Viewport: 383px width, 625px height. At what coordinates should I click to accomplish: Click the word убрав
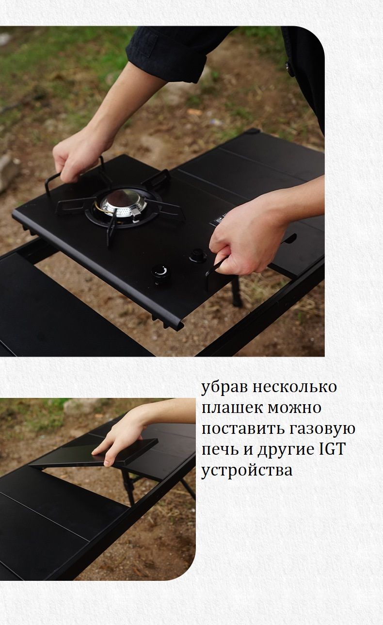(x=224, y=387)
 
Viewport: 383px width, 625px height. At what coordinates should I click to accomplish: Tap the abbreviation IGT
(x=332, y=449)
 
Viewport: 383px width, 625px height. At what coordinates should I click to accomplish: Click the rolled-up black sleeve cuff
(x=167, y=56)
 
